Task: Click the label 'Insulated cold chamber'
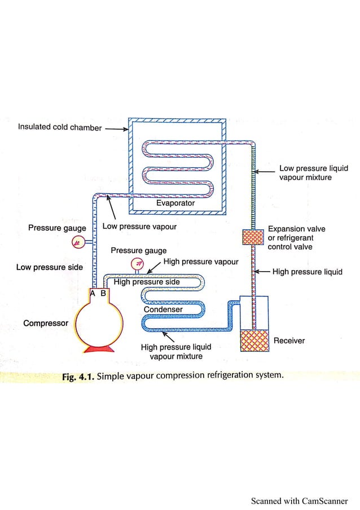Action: tap(60, 127)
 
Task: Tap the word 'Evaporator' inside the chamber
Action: tap(175, 203)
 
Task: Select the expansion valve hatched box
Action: tap(253, 237)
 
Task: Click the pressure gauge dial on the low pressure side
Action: tap(78, 242)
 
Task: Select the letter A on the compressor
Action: tap(93, 293)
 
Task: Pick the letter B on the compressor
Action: tap(103, 293)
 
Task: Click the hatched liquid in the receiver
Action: tap(253, 341)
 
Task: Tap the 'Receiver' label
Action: tap(289, 341)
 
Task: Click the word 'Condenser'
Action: tap(163, 310)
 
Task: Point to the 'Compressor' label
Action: tap(46, 323)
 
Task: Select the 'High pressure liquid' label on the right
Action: tap(307, 272)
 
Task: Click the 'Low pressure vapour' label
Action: tap(139, 227)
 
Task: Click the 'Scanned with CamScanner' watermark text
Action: tap(299, 500)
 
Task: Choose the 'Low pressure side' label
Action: tap(49, 267)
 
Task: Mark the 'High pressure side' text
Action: tap(147, 282)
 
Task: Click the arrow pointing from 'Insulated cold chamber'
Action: tap(116, 128)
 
